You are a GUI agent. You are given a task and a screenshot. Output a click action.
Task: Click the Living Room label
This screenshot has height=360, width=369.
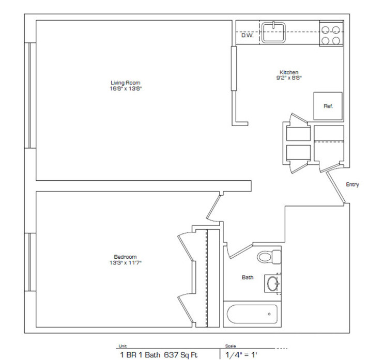coord(125,83)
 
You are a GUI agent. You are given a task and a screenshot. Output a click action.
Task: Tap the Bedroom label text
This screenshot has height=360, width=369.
coord(125,257)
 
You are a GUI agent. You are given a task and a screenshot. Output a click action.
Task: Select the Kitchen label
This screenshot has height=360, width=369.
coord(289,72)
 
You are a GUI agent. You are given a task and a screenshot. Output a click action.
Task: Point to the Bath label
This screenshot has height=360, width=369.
coord(248,277)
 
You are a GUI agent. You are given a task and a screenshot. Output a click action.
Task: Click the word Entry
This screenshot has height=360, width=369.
coord(352,184)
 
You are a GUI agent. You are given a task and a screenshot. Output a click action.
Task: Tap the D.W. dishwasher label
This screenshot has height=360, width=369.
coord(247,35)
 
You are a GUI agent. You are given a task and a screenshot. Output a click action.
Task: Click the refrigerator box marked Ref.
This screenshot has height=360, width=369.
coord(328,106)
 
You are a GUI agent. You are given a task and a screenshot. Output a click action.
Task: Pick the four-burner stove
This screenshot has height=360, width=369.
coord(331,34)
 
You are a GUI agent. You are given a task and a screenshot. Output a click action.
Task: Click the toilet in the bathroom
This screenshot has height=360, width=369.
coord(270,256)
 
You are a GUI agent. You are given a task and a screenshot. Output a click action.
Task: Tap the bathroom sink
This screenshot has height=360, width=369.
coord(272,283)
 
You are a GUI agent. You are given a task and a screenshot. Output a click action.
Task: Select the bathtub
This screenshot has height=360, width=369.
coord(253,314)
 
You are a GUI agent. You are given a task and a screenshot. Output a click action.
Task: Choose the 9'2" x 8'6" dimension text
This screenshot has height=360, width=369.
coord(289,78)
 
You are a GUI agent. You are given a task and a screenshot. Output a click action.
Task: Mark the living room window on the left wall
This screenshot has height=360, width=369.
coord(30,96)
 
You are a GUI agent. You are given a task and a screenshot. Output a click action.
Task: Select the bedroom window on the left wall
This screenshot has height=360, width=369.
coord(30,262)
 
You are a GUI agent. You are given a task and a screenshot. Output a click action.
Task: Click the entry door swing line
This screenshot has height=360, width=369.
coord(336,187)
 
